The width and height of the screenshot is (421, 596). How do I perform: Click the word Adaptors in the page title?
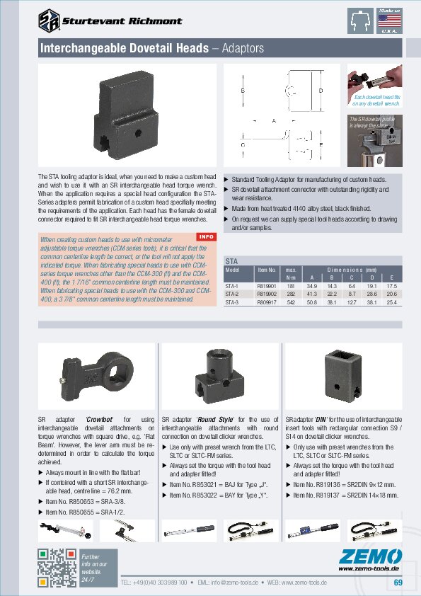pos(243,49)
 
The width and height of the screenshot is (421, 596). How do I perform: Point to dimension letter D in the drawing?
pos(321,91)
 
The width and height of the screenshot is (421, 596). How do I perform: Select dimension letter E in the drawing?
pos(321,144)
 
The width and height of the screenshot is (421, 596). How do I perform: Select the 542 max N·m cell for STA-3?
pos(290,302)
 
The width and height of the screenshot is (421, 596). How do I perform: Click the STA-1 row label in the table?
pos(231,284)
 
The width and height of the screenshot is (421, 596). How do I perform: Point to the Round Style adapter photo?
pos(219,374)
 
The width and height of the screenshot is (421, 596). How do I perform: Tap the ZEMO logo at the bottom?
pos(370,555)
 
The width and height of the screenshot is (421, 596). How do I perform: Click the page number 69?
pos(398,583)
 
